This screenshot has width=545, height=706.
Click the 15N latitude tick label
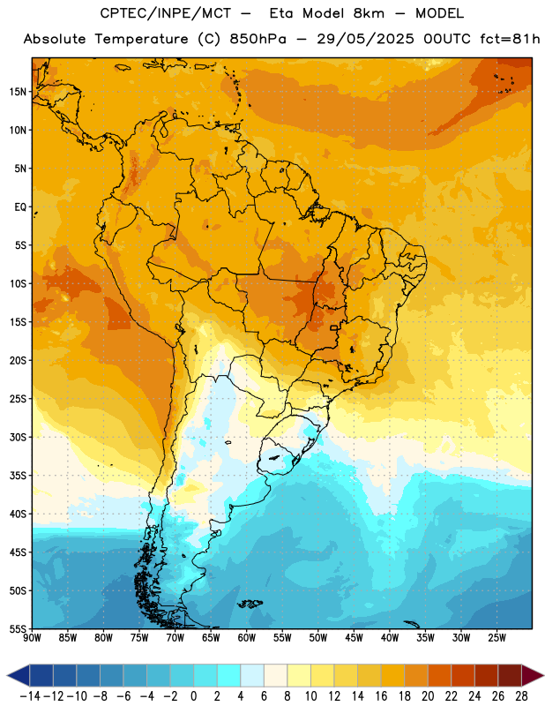(18, 92)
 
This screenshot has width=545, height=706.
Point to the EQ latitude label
(20, 207)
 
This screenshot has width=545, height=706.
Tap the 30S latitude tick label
(18, 437)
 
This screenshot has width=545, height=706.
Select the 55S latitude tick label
(18, 628)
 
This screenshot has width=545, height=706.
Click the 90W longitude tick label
(32, 637)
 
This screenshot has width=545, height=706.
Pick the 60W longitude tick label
(247, 637)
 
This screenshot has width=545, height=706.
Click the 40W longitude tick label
(390, 637)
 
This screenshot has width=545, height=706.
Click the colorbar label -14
(30, 696)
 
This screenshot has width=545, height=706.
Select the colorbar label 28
(521, 696)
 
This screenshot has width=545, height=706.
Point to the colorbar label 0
(193, 696)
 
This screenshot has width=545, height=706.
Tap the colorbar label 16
(381, 696)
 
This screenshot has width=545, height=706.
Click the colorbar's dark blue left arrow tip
(7, 675)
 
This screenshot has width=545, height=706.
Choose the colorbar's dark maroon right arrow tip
(543, 675)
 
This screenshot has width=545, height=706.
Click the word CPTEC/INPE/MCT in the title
(166, 13)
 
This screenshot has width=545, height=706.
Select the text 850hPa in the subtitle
(258, 39)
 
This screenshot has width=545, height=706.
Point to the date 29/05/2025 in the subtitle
(365, 39)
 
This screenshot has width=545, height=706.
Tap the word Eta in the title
(282, 13)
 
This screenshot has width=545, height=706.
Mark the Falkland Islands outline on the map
(250, 604)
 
